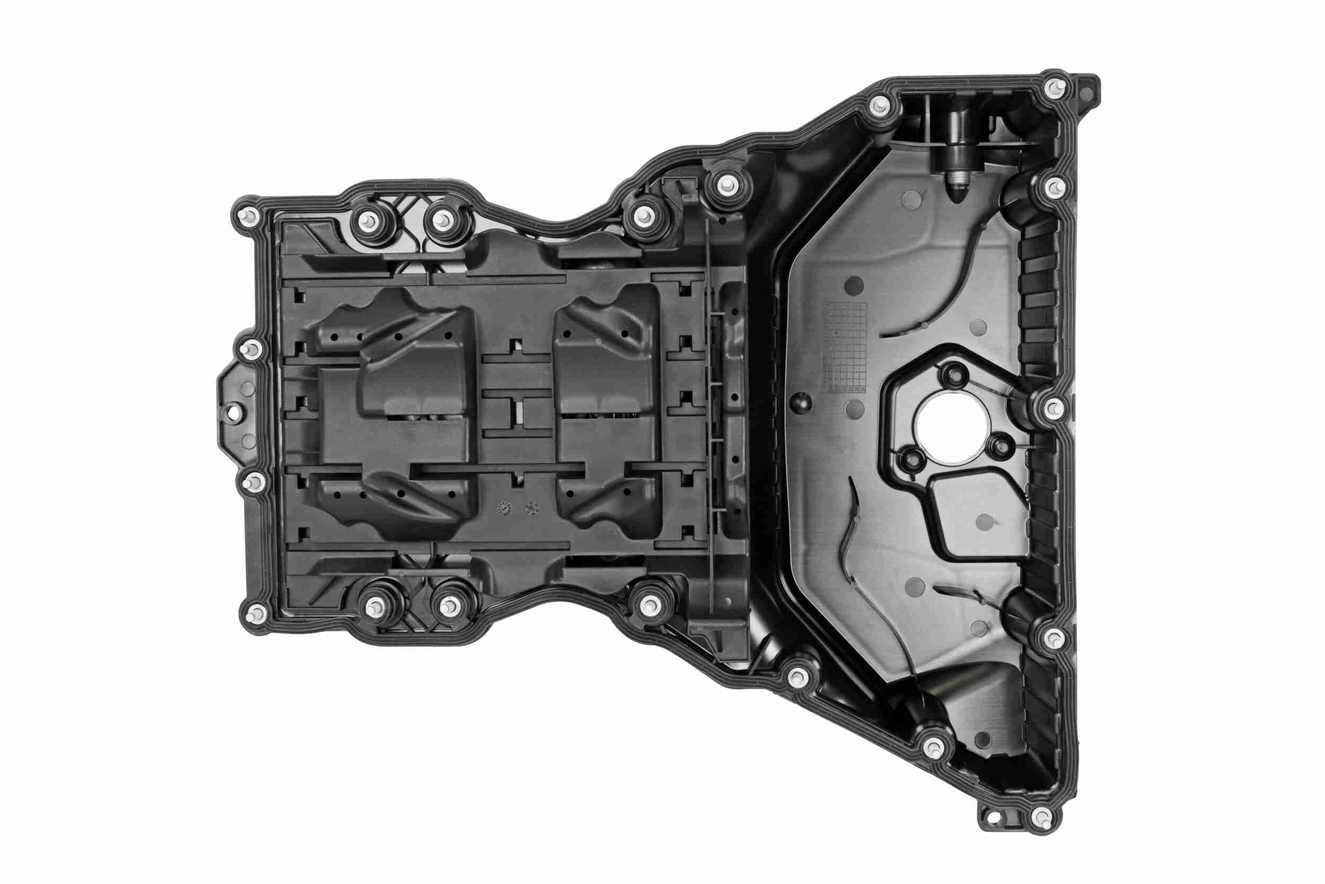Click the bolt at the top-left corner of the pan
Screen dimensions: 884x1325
[x=248, y=216]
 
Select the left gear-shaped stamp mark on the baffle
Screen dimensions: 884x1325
[x=503, y=508]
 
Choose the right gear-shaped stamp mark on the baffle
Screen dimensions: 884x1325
[x=530, y=508]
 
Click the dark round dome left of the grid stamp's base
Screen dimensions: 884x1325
[x=800, y=403]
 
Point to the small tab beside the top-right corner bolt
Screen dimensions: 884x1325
[x=1089, y=88]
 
